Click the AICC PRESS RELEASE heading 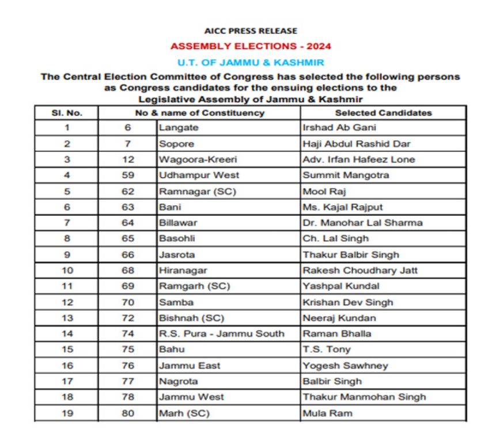(251, 31)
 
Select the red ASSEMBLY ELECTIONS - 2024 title (251, 46)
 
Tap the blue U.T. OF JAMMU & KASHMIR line (251, 62)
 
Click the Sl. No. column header (66, 113)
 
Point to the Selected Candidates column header (383, 113)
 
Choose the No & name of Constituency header (199, 113)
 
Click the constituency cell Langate (179, 128)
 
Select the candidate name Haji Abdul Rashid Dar (356, 144)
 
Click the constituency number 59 (127, 175)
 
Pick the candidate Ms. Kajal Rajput (342, 207)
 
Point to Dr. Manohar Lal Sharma (362, 223)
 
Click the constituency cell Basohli (176, 238)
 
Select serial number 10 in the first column (66, 270)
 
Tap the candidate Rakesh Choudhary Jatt (360, 270)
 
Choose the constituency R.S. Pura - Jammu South (221, 333)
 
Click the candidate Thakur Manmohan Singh (364, 397)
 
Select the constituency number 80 (127, 413)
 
